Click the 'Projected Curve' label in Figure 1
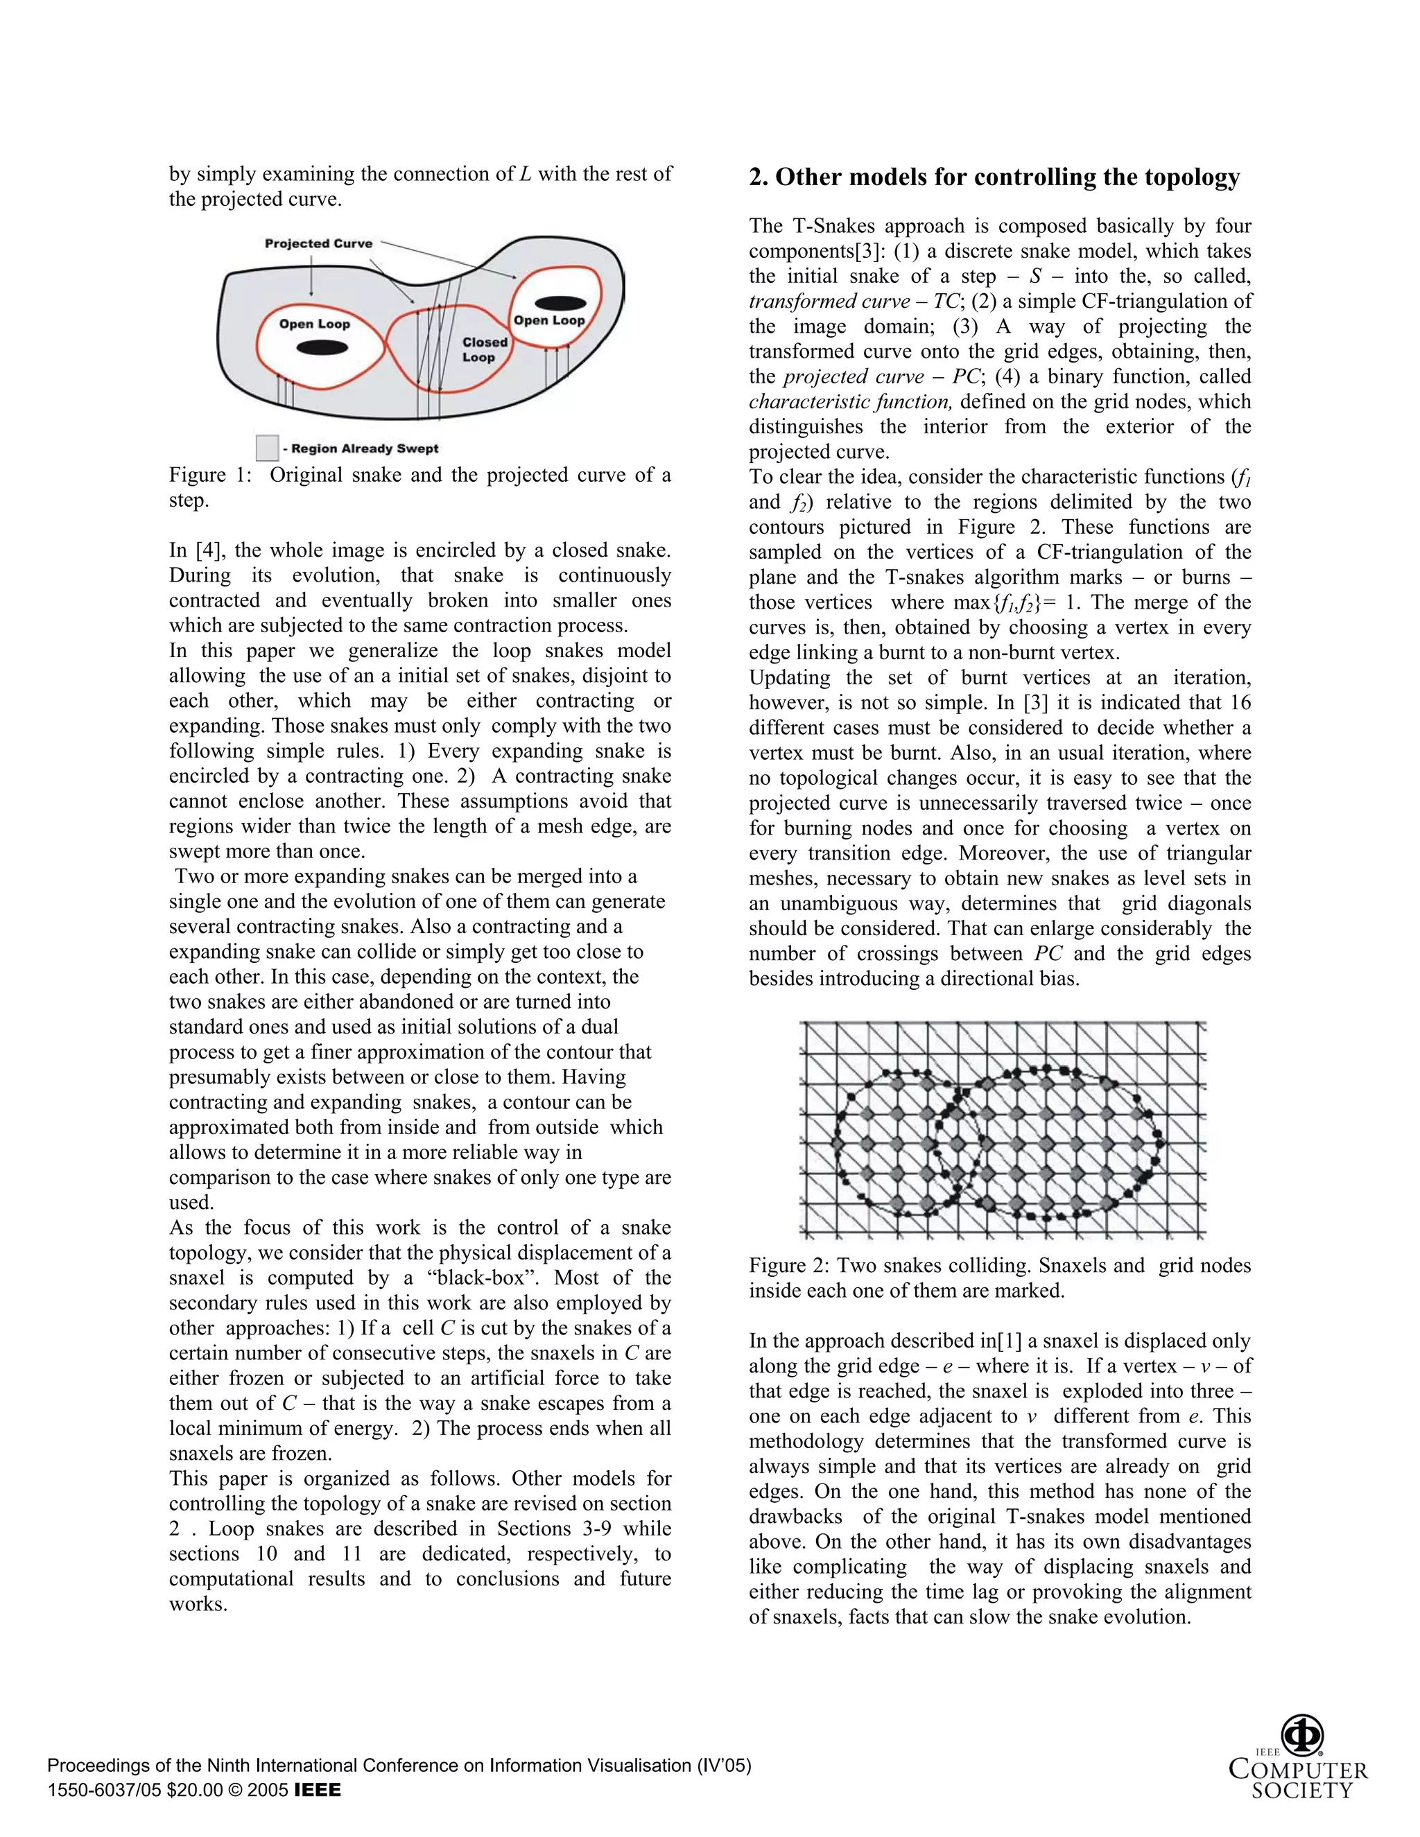(x=318, y=244)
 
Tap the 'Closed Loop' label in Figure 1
(x=485, y=350)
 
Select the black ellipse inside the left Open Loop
(x=322, y=348)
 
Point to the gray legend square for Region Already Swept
(x=268, y=448)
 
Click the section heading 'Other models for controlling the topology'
(x=994, y=177)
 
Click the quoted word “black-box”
(x=478, y=1278)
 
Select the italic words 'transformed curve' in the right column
(x=829, y=302)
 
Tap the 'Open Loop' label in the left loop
(x=315, y=324)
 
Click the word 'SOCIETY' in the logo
(x=1301, y=1791)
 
